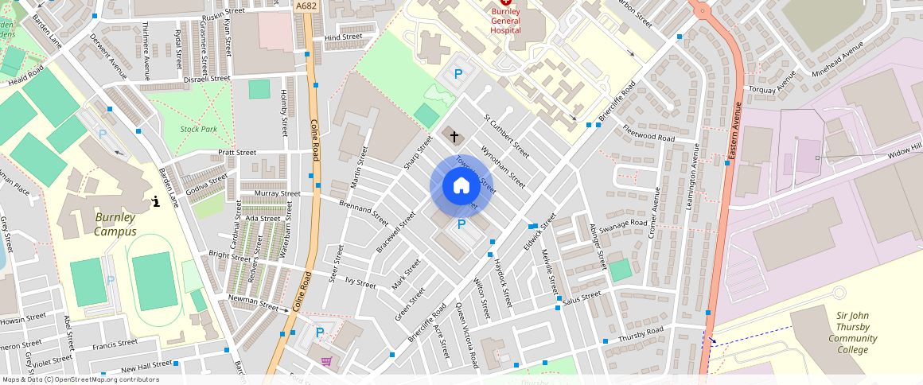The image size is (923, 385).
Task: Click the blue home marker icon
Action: pos(461,186)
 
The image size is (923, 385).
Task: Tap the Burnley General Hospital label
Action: pos(505,19)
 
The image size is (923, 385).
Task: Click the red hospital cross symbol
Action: pos(505,3)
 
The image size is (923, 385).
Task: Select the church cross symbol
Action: pos(454,137)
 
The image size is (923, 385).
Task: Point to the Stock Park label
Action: pos(198,129)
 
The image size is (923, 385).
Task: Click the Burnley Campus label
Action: pos(115,224)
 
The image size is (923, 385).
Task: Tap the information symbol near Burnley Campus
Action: pos(156,201)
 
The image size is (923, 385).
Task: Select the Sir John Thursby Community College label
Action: pos(852,332)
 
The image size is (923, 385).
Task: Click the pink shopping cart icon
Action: pos(326,361)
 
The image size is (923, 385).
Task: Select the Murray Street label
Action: pos(277,193)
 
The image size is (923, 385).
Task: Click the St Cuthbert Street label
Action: pos(507,135)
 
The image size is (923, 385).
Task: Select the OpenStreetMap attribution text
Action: pos(80,379)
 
